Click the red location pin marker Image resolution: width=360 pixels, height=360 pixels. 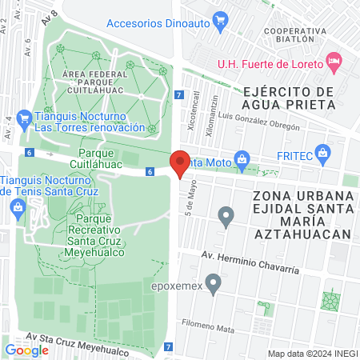(181, 163)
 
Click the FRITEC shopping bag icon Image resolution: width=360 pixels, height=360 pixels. (323, 153)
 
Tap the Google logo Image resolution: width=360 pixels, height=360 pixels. (26, 350)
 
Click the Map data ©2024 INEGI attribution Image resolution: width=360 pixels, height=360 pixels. (311, 354)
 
